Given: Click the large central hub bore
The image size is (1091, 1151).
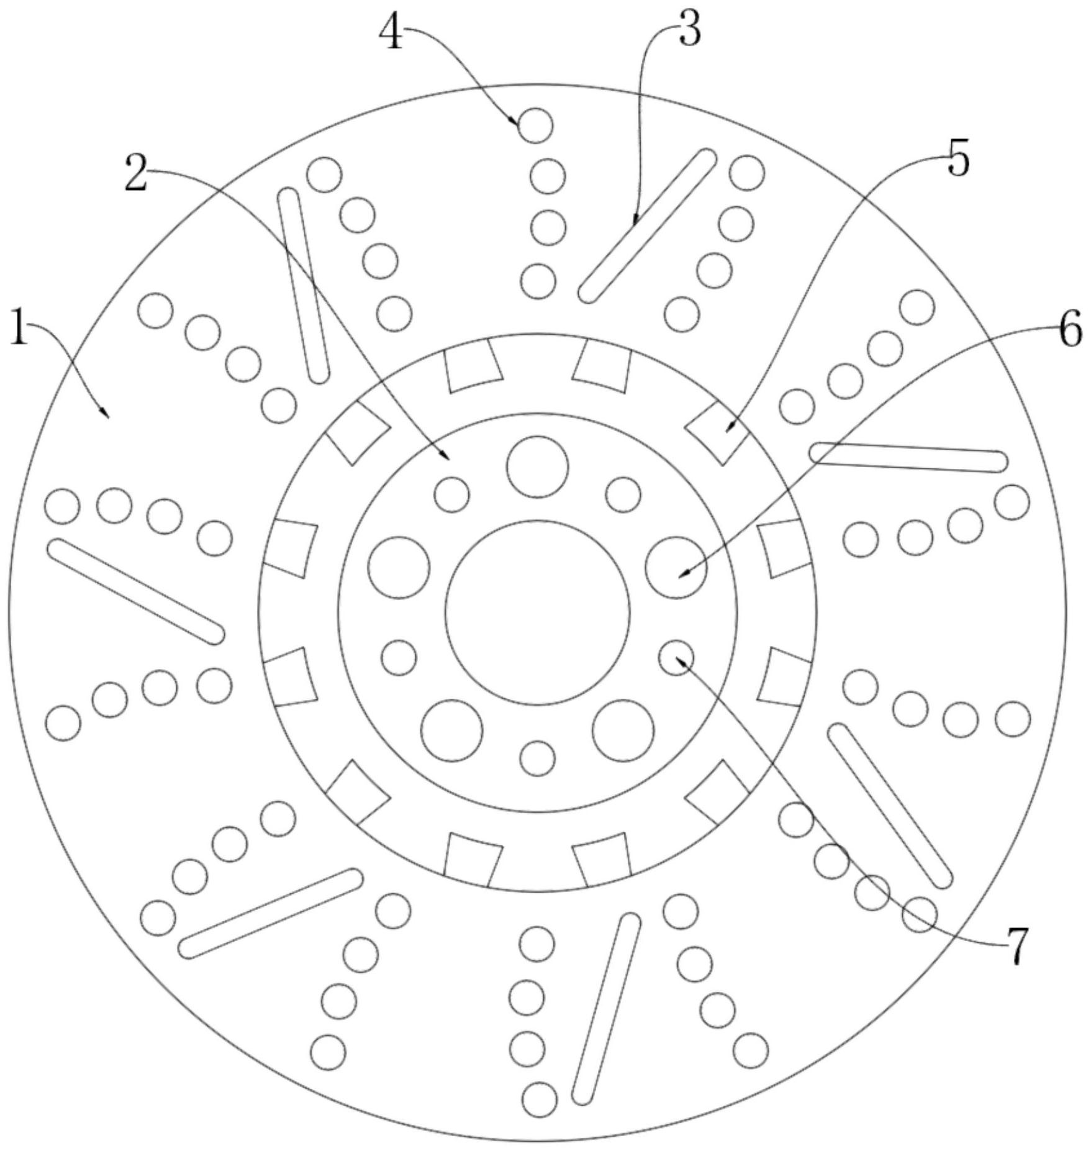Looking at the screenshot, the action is (x=538, y=612).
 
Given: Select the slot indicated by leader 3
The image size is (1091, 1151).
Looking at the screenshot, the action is (x=646, y=225).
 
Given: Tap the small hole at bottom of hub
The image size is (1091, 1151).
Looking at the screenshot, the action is (x=537, y=758).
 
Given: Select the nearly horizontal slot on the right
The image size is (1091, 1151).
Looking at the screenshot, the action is (x=908, y=457).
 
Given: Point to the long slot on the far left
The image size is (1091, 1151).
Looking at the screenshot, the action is (x=136, y=591).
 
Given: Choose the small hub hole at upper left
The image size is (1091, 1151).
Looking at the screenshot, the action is (x=452, y=494).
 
